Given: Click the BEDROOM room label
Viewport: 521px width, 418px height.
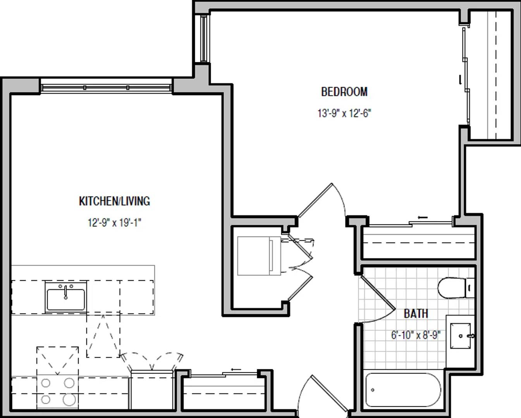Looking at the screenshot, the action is tap(344, 92).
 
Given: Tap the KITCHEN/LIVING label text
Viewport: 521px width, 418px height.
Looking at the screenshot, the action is tap(114, 201).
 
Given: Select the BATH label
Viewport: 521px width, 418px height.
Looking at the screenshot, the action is tap(416, 314).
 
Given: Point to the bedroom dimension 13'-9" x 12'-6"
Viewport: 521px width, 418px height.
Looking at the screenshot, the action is tap(344, 113).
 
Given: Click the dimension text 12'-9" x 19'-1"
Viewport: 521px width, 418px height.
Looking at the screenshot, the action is tap(114, 223).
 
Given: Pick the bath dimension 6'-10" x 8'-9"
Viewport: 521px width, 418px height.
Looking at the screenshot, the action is tap(416, 335).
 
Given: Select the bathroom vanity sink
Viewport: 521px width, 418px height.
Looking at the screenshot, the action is tap(461, 336).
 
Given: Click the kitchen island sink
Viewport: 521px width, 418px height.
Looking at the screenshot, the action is tap(65, 297).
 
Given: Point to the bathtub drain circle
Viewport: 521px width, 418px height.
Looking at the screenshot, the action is tap(373, 390).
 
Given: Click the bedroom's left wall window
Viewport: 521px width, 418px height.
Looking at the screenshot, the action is tap(204, 39).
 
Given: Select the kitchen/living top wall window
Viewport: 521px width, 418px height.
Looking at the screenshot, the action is tap(106, 87).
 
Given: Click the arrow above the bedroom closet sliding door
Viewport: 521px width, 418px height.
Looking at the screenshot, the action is tap(423, 217).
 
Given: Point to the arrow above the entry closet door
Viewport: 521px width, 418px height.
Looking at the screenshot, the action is tap(236, 369).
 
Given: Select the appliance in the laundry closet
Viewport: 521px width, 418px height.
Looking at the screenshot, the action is tap(259, 256).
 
